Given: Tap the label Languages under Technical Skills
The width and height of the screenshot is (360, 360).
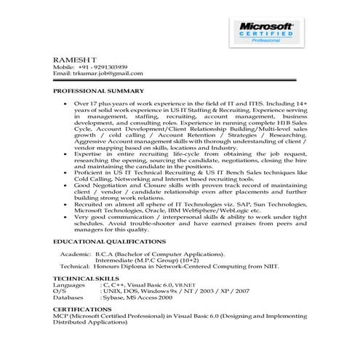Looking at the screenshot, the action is point(69,285).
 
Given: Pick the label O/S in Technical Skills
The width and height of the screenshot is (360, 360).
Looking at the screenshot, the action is point(59,291).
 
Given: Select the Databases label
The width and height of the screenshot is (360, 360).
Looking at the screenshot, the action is point(69,297).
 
